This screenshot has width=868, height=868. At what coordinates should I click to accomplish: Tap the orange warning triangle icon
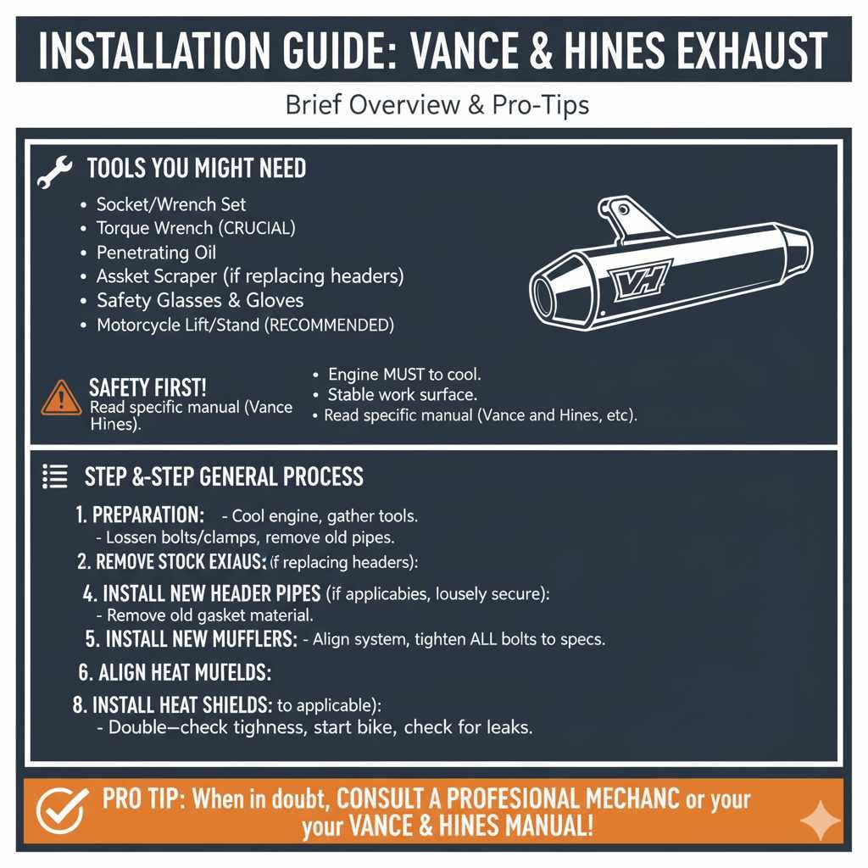point(61,397)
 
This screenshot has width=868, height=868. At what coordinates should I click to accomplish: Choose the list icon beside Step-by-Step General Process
point(55,477)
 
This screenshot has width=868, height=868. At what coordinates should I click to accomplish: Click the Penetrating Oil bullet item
point(156,253)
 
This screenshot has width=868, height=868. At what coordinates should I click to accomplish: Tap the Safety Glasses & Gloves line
point(199,300)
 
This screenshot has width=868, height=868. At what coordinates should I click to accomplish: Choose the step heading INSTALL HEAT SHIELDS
point(182,704)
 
